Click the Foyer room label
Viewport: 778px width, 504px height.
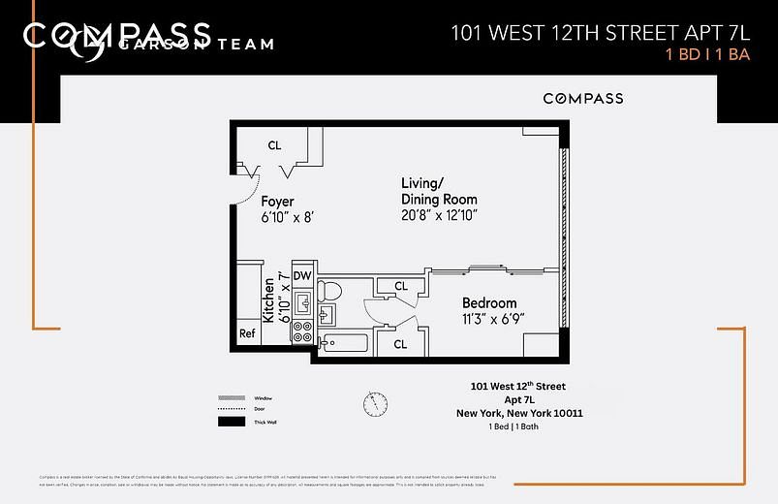(x=278, y=202)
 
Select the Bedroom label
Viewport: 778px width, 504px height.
(x=488, y=302)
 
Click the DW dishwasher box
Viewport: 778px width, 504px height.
(x=302, y=276)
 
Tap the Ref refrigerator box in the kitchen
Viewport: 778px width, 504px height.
(x=247, y=334)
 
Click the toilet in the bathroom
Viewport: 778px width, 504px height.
(x=331, y=290)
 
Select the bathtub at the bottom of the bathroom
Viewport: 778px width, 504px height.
(x=345, y=343)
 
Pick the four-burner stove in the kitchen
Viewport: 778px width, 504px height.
(x=302, y=334)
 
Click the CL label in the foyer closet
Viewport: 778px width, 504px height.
(x=274, y=145)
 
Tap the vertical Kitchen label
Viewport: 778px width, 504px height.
(x=268, y=300)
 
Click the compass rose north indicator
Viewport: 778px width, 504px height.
(x=375, y=401)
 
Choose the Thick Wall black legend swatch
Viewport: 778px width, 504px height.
(x=232, y=422)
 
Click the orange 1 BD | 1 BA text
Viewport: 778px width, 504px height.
(x=709, y=55)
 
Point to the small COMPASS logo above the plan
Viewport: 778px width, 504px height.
(x=582, y=98)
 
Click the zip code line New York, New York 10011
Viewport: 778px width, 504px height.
(x=519, y=412)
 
